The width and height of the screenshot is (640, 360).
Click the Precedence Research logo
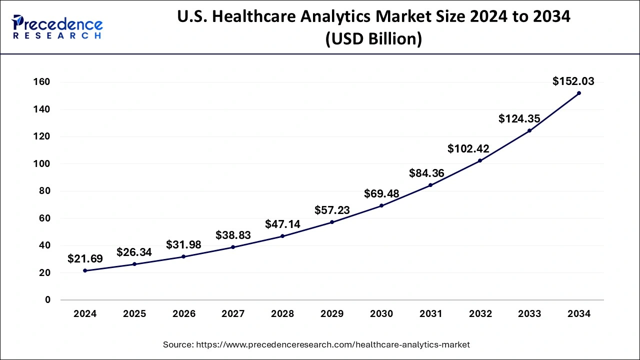[x=57, y=27]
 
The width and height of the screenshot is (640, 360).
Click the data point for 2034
[x=579, y=93]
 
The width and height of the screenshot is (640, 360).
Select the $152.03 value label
[x=573, y=81]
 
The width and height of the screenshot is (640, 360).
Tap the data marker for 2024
[x=85, y=270]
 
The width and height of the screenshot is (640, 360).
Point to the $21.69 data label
[x=85, y=258]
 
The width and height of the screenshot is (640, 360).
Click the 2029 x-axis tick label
[x=332, y=313]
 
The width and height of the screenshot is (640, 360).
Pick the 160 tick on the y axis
[x=41, y=82]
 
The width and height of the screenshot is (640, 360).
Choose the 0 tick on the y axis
[x=47, y=299]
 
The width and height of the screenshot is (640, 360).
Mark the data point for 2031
[x=430, y=185]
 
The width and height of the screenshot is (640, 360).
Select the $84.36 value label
[x=426, y=173]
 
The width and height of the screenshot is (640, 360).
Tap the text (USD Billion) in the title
[x=373, y=38]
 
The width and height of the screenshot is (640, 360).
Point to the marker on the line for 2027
[x=233, y=247]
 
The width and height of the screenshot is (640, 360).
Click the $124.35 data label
[x=519, y=118]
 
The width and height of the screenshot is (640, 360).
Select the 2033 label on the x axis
[x=529, y=313]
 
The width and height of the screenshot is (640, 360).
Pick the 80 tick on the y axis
[x=45, y=191]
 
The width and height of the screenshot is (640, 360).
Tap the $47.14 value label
[x=282, y=224]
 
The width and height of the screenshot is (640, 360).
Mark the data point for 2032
[x=480, y=161]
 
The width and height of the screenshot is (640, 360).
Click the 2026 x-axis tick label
[x=184, y=313]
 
